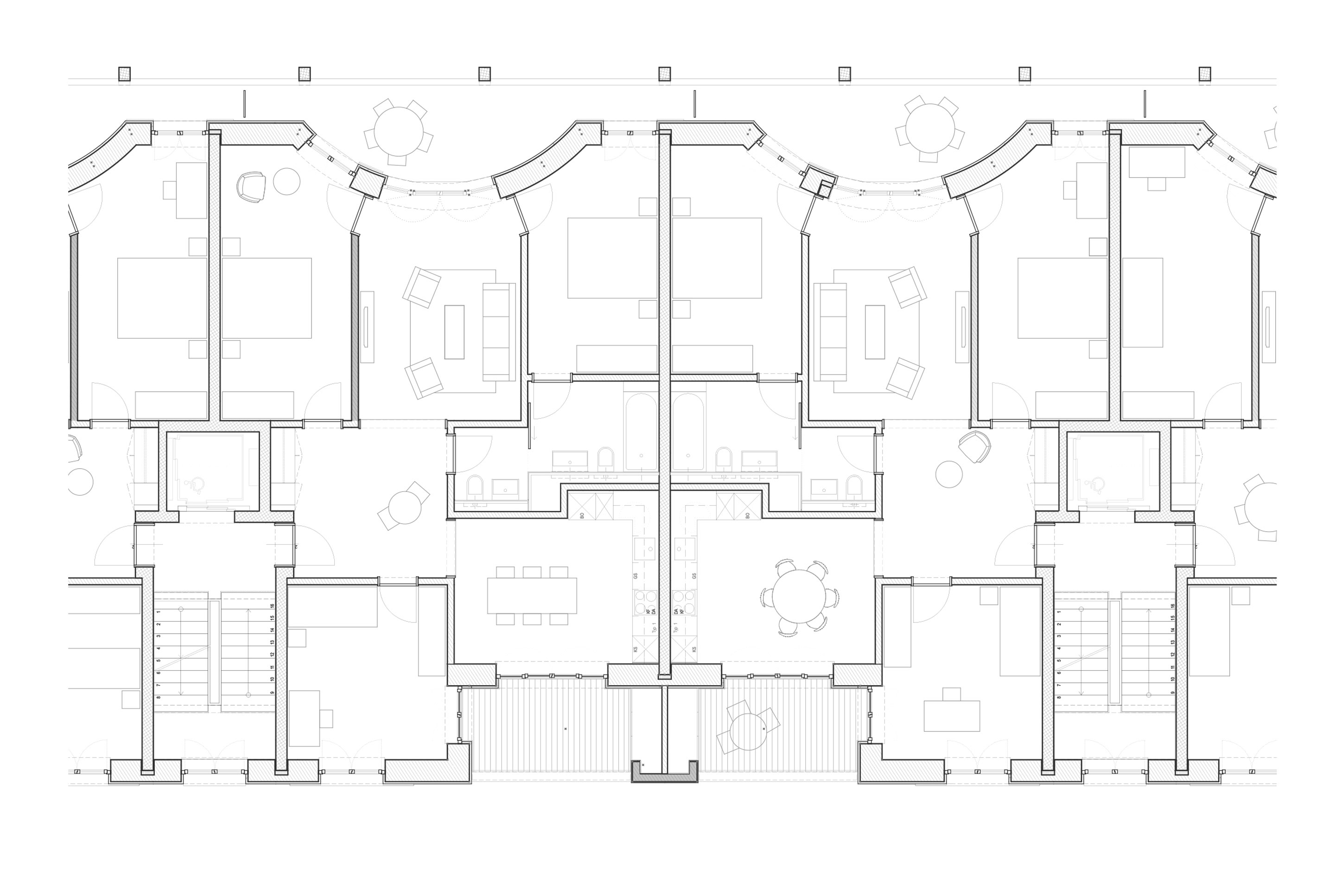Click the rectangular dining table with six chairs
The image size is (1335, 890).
[532, 595]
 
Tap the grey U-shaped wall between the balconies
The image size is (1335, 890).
[664, 776]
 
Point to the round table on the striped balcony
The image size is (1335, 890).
[748, 731]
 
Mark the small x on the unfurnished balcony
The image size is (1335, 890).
[566, 728]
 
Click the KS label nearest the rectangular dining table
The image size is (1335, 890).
[635, 649]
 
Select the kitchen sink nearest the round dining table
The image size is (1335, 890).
[685, 549]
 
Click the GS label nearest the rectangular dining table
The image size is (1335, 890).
[635, 576]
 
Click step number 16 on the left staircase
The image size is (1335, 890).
[273, 606]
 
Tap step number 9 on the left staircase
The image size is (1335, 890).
[273, 693]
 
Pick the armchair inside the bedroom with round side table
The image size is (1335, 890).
[250, 187]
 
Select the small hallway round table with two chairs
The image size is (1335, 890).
[405, 508]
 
